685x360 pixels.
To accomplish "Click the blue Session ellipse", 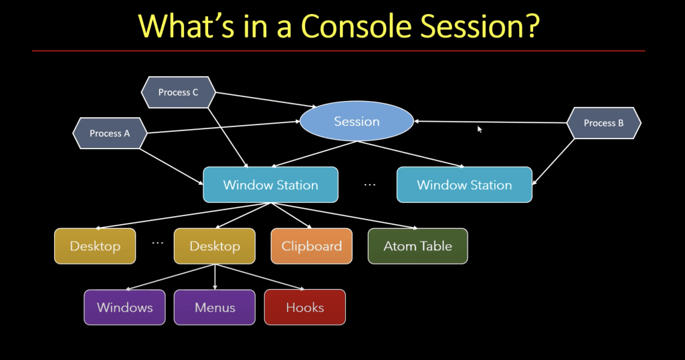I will coord(357,122).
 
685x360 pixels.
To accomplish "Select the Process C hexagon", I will coord(178,92).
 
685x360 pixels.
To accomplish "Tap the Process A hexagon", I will coord(110,133).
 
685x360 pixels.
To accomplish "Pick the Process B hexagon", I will coord(603,123).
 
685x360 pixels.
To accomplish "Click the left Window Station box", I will coord(270,185).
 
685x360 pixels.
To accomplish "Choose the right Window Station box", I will coord(464,185).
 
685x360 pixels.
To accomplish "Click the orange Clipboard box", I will coord(311,246).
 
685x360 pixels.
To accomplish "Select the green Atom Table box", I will coord(417,246).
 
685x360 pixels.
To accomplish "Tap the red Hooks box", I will coord(304,307).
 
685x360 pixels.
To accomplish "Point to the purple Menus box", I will coord(215,307).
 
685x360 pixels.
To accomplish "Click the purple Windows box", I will coord(124,307).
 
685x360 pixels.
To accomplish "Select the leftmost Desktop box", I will coord(95,246).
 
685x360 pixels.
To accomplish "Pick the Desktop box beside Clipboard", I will coord(215,246).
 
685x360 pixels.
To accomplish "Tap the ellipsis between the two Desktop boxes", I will coord(158,243).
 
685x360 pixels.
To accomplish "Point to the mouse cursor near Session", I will coord(480,128).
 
